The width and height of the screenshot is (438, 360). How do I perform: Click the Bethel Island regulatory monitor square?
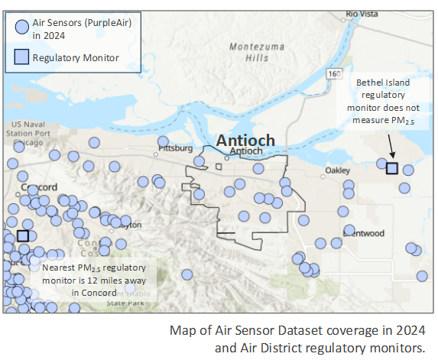pos(392,167)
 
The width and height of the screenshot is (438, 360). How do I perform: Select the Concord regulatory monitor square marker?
pos(23,236)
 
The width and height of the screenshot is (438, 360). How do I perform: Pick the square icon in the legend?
pos(22,57)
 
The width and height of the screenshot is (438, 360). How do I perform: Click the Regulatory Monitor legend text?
pos(75,57)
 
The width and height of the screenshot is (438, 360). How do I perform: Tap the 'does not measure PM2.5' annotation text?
pos(385,115)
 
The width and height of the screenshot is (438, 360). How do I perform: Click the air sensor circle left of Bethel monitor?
pos(382,164)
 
